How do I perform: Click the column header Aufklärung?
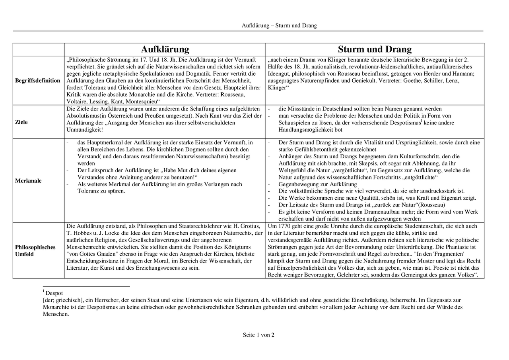click(x=165, y=49)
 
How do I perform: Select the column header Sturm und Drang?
click(x=375, y=49)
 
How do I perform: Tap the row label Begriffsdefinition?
click(x=38, y=81)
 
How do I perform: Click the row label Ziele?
click(x=21, y=122)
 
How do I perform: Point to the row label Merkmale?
click(x=28, y=181)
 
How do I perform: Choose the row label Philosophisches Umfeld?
click(x=35, y=251)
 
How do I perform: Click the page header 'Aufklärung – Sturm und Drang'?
click(x=279, y=25)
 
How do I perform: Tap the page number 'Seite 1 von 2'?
click(x=258, y=335)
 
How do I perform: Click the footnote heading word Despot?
click(x=54, y=293)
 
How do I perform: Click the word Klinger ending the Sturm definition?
click(x=278, y=88)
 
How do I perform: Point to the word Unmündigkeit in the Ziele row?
click(x=84, y=130)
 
